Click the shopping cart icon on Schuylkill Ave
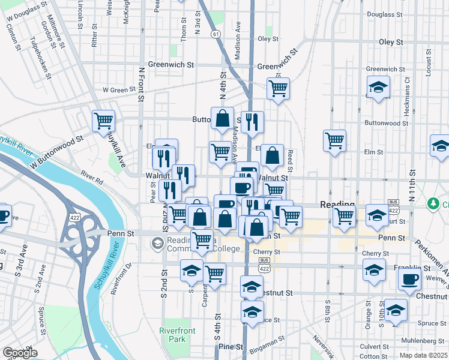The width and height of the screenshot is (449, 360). pyautogui.click(x=103, y=121)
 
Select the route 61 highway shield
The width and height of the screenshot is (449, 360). pyautogui.click(x=215, y=34)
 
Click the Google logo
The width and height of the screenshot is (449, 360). pyautogui.click(x=20, y=353)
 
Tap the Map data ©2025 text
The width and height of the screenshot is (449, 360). pyautogui.click(x=424, y=355)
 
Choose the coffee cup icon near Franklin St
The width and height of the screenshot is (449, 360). pyautogui.click(x=409, y=279)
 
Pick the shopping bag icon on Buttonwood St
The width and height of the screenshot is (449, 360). pyautogui.click(x=222, y=120)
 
